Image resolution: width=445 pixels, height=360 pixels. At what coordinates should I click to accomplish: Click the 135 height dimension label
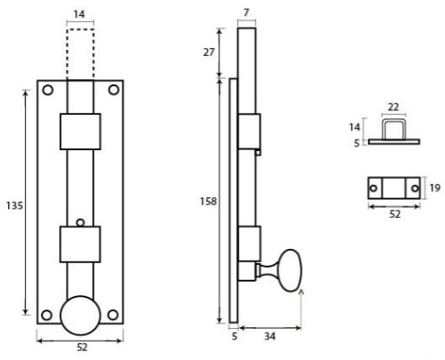pos(14,204)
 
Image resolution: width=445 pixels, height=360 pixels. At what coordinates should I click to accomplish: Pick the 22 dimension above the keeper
pos(393,108)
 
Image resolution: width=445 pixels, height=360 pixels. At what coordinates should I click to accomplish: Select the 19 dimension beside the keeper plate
pos(433,188)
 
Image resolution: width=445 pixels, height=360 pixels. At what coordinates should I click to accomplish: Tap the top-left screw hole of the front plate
pos(48,90)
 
